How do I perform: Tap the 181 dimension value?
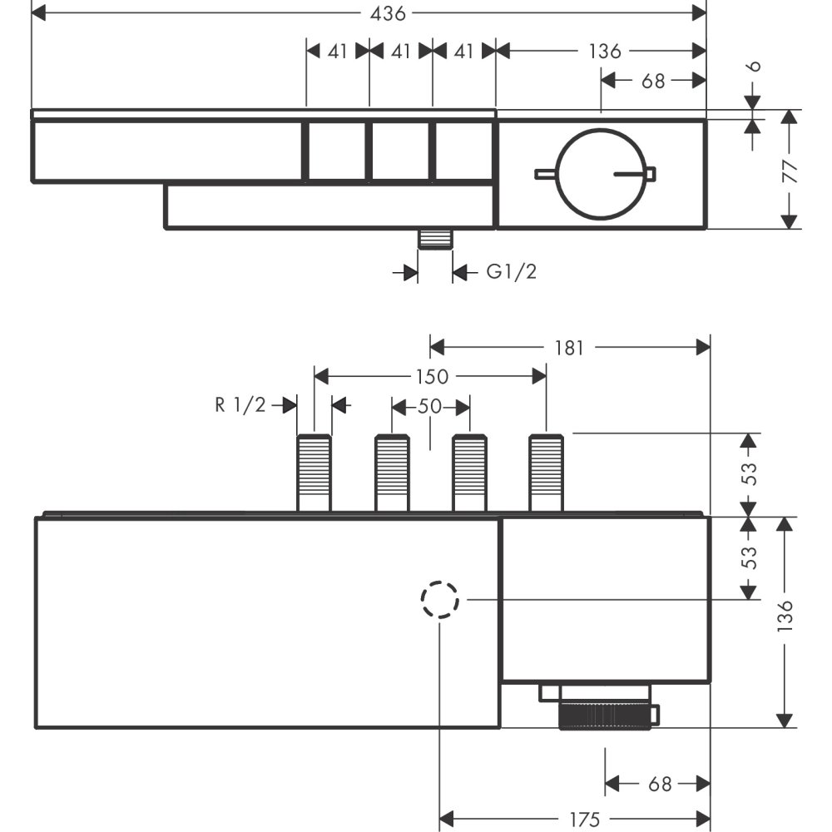pos(569,347)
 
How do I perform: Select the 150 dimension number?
pos(431,377)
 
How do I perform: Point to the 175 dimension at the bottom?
pos(586,820)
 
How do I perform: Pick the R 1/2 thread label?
pos(240,405)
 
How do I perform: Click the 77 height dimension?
pos(790,171)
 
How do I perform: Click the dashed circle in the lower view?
pos(439,599)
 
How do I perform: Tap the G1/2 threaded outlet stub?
pos(434,239)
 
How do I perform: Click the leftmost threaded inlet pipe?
pos(314,472)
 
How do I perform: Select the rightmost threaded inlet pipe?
pos(546,472)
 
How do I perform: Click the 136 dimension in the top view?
pos(605,51)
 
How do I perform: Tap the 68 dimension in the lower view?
pos(659,784)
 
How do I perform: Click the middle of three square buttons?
pos(399,151)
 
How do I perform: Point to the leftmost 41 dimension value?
pos(337,51)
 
